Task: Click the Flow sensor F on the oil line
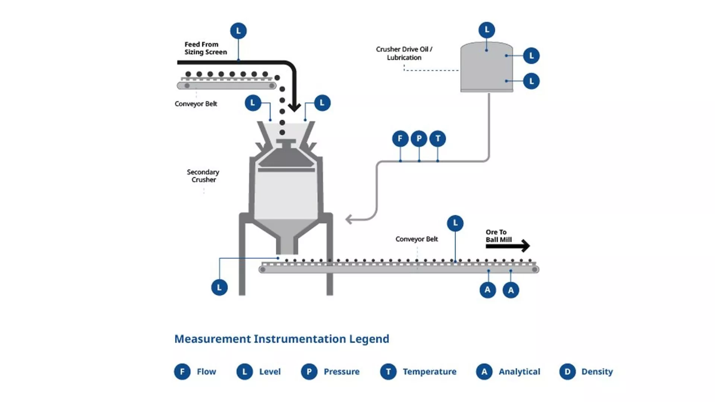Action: [400, 139]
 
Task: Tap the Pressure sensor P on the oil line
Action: [419, 139]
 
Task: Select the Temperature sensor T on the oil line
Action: [438, 139]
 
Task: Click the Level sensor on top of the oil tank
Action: [487, 30]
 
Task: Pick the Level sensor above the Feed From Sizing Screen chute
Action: [238, 31]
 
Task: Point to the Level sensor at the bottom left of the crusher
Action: [219, 287]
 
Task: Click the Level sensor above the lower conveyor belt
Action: [455, 223]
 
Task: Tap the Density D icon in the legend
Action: [567, 371]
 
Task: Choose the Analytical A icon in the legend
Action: [484, 371]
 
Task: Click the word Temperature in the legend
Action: [429, 371]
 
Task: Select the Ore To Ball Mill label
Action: [498, 236]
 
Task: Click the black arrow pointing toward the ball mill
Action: [508, 246]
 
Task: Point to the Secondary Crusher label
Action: [203, 176]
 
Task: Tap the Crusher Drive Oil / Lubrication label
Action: [404, 53]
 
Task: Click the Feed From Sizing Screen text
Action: [205, 48]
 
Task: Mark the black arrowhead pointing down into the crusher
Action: [294, 107]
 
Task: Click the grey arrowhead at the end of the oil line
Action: [349, 219]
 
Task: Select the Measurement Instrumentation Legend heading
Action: [282, 339]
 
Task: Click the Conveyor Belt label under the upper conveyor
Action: [196, 104]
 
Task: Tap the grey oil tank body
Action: [486, 69]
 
